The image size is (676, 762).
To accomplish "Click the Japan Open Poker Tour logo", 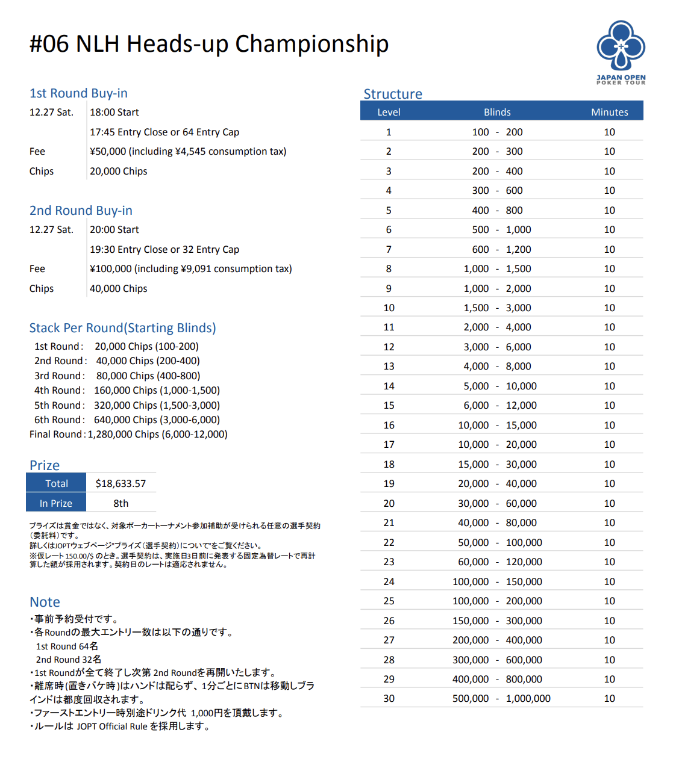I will (x=621, y=52).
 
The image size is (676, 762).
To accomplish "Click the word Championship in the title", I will (x=311, y=44).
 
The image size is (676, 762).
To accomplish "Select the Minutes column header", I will (x=609, y=112).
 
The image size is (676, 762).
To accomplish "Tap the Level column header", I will (x=389, y=112).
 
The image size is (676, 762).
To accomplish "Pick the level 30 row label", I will (x=389, y=698).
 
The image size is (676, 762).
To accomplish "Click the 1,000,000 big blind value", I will (x=528, y=698).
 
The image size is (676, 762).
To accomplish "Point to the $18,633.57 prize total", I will (x=120, y=483).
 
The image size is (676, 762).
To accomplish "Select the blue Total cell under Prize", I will (x=56, y=483).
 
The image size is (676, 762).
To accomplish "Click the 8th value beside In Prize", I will (x=120, y=503).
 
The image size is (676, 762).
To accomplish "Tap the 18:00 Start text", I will (x=114, y=112).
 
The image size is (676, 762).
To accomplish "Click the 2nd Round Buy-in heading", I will (x=81, y=211).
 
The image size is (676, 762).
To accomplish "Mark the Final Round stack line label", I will (x=55, y=434).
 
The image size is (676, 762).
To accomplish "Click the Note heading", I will (x=45, y=602).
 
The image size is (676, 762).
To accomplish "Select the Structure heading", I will (x=393, y=94).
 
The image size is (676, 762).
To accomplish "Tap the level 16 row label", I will (x=389, y=425).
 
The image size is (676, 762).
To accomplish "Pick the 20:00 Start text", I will (x=114, y=229).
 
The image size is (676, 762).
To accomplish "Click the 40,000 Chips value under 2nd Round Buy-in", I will (x=118, y=288).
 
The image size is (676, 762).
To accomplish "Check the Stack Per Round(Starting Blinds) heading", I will (x=122, y=328).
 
